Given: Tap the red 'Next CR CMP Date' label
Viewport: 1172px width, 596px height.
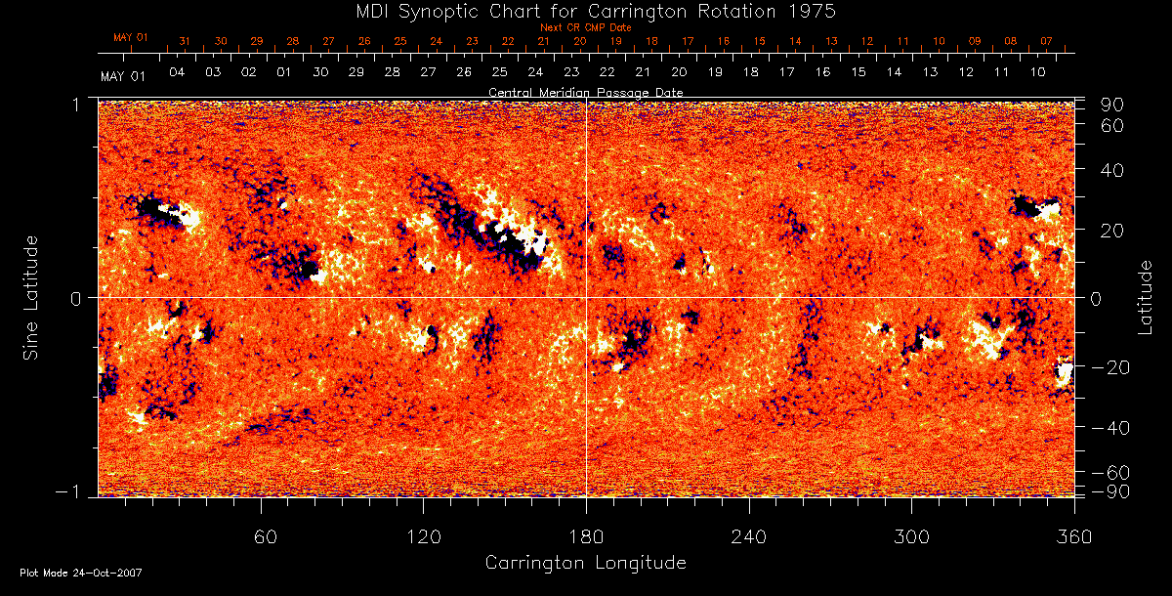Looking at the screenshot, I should tap(585, 27).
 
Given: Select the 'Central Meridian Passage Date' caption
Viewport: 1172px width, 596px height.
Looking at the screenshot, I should tap(585, 92).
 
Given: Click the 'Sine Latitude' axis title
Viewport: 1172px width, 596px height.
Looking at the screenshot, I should tap(31, 296).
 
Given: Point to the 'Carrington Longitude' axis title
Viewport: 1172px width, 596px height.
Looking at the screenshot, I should tap(585, 563).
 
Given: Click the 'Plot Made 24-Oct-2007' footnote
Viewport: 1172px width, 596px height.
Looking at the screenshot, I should tap(81, 573).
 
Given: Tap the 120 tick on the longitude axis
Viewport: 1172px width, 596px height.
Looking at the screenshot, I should tap(424, 536).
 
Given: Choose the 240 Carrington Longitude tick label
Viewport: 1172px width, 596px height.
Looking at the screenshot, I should tap(749, 536).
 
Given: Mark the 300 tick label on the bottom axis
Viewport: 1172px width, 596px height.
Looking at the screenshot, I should tap(911, 536).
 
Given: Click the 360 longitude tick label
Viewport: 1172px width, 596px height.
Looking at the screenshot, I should tap(1073, 536).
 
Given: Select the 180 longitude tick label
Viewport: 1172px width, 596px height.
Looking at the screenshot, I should tap(586, 536).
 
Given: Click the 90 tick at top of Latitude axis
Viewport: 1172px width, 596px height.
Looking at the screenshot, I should tap(1115, 105).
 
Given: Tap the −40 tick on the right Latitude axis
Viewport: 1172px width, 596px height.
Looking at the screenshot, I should tap(1111, 428).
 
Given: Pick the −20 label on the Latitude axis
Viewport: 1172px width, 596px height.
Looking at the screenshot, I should tap(1111, 366).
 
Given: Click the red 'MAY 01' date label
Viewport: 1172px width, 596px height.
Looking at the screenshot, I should tap(130, 38).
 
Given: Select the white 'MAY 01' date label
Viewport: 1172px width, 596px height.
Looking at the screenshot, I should tap(122, 75).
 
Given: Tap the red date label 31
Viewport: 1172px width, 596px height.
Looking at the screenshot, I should tap(185, 42).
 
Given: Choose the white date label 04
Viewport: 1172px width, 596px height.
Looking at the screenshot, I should tap(177, 73).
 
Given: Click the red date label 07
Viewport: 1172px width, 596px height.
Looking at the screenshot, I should tap(1046, 42).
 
